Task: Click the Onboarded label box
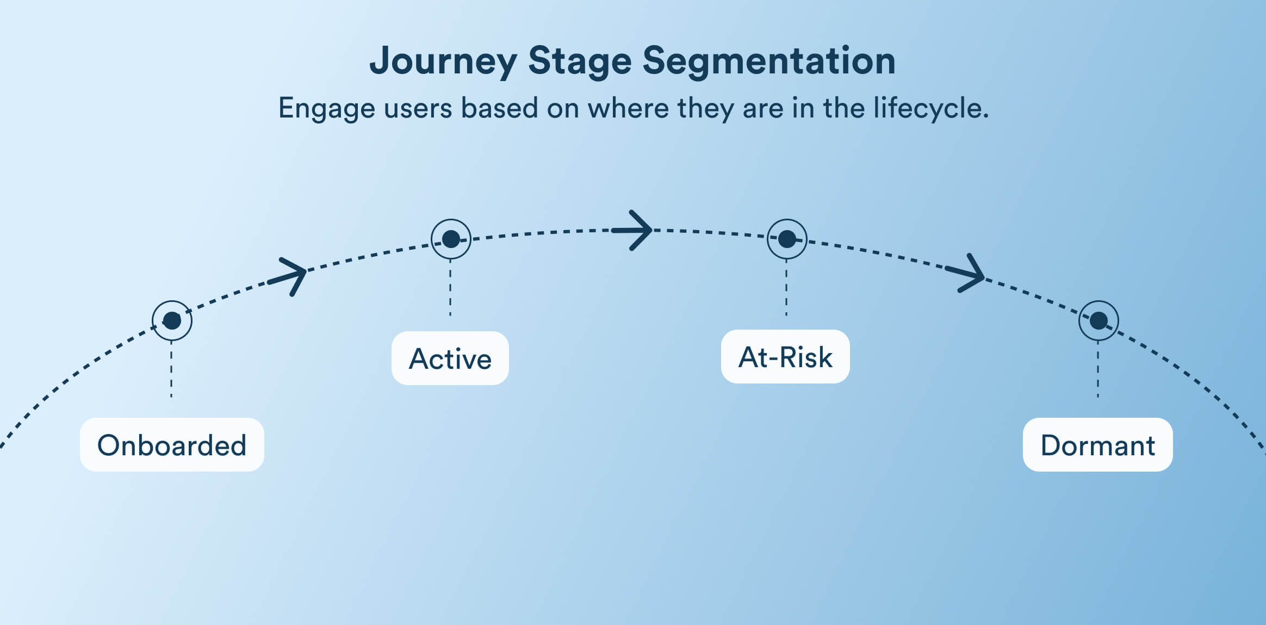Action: pos(172,444)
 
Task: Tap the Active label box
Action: pos(450,358)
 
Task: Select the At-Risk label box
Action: pos(785,356)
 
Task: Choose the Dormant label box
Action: pos(1097,444)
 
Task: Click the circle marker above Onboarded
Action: pos(172,320)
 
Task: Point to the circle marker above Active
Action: pos(451,239)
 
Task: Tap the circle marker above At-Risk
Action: pos(787,239)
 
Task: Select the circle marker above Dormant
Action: pos(1099,320)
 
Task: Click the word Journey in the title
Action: pos(443,61)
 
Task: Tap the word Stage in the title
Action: pos(580,61)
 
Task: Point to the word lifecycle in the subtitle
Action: pos(930,108)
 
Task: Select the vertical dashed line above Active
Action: pos(450,288)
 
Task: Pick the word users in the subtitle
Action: pos(418,108)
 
